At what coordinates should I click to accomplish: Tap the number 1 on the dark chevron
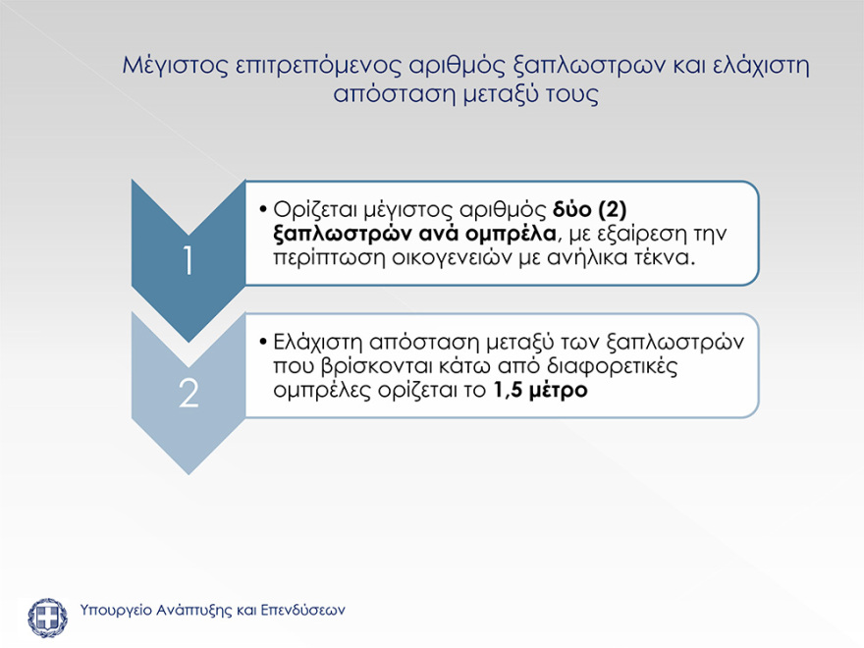click(x=188, y=262)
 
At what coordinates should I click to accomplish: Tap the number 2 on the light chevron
click(x=188, y=393)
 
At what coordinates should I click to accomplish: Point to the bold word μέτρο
click(x=560, y=390)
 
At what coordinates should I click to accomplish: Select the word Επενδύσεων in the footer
click(x=302, y=610)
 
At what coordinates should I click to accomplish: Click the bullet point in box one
click(x=264, y=211)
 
